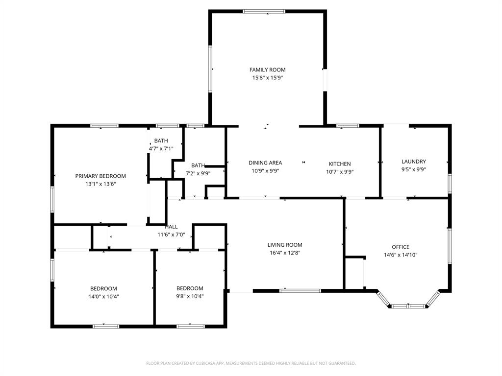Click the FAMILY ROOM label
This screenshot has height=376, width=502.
coord(267,70)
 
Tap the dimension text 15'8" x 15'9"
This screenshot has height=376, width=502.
coord(267,78)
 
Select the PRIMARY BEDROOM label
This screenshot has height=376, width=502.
coord(100,176)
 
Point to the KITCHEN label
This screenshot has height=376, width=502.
coord(340,164)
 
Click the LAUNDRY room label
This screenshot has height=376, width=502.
coord(414,162)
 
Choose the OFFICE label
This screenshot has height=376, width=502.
coord(401,247)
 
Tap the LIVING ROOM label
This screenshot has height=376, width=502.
coord(285,245)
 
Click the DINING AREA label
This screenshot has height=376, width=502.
coord(265,163)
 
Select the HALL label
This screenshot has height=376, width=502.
coord(171,227)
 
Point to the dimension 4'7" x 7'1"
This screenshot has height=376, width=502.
coord(161,149)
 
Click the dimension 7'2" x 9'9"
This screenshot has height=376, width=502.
coord(198,173)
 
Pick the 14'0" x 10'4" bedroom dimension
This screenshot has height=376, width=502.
coord(103,296)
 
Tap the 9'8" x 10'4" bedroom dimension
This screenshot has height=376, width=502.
coord(190,296)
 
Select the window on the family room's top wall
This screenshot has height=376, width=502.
coord(264,11)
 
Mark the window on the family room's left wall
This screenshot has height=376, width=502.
coord(210,69)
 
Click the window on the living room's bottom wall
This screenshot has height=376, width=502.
coord(300,291)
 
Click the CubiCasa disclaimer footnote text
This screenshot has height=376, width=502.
coord(251,363)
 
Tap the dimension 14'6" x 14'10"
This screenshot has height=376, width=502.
coord(401,255)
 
